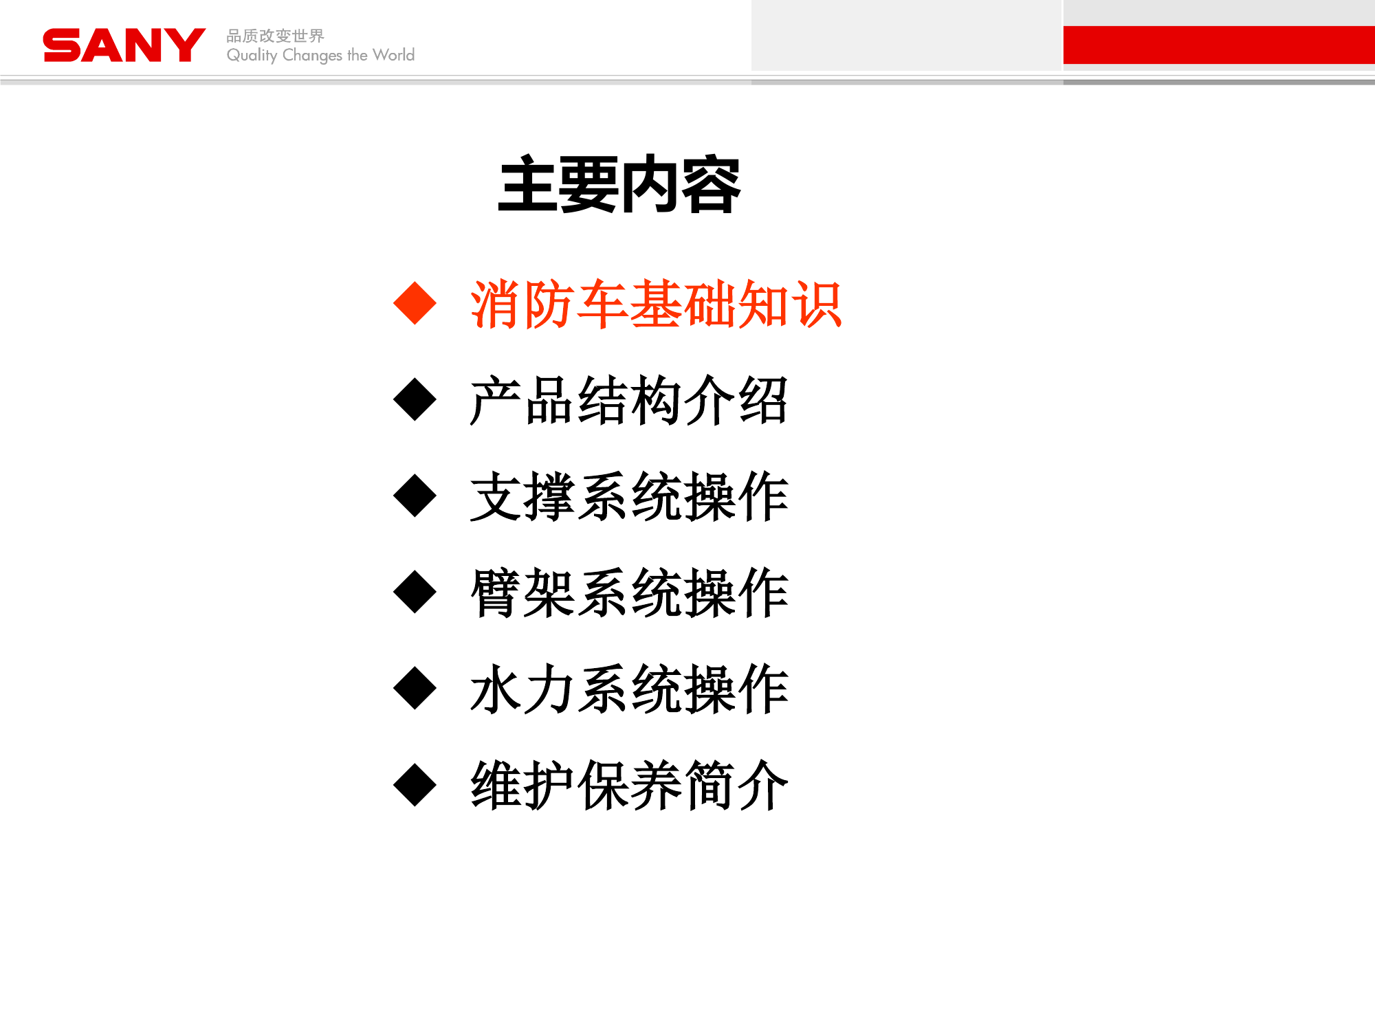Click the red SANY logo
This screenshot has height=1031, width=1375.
(124, 45)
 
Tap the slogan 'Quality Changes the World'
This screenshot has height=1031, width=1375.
(320, 55)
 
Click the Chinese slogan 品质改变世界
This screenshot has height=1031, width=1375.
(275, 36)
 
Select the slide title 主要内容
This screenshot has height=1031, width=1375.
(619, 184)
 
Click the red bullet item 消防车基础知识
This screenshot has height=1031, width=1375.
(656, 304)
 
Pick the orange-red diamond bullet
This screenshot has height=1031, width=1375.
(415, 303)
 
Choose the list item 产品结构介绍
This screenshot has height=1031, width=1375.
(628, 400)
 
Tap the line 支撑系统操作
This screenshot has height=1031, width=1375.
(628, 496)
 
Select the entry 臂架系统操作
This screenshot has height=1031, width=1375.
(628, 592)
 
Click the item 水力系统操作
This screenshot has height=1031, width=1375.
(628, 689)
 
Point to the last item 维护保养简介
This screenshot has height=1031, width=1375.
(628, 785)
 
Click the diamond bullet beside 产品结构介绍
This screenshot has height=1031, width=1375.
(415, 399)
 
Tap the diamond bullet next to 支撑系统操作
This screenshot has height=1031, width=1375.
(415, 496)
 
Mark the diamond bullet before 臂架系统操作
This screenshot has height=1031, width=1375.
(415, 592)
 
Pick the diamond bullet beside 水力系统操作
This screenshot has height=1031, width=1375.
(415, 688)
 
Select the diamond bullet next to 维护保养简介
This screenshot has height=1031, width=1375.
(415, 784)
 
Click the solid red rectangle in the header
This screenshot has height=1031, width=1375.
(1218, 45)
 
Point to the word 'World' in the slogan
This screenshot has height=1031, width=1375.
(393, 55)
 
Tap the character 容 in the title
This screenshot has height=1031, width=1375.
(710, 184)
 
